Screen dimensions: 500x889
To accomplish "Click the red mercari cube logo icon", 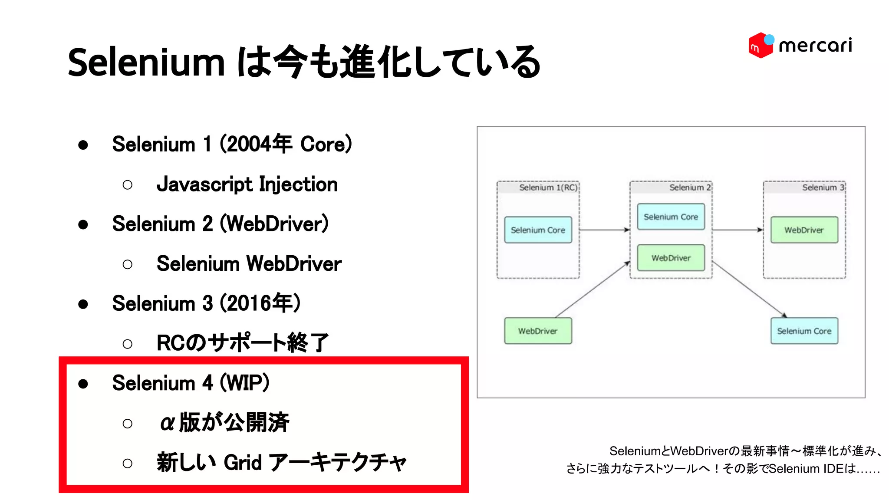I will (761, 45).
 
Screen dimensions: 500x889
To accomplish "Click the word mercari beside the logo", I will (815, 46).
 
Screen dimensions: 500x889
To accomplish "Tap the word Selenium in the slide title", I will (146, 62).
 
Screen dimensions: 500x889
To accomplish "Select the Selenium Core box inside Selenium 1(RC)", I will (538, 230).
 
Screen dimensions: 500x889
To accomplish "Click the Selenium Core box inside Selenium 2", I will (671, 217).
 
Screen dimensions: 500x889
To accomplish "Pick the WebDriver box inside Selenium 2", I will (671, 258).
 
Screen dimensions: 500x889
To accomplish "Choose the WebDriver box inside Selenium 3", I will (804, 230).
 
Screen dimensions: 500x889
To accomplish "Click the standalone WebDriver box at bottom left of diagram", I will (538, 331).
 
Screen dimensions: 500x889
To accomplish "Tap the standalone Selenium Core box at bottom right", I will (804, 331).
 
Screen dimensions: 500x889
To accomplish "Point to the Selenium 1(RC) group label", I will (548, 187).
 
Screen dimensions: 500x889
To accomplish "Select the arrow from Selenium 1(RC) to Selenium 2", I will (604, 230).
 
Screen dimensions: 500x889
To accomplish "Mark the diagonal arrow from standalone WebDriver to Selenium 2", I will (593, 289).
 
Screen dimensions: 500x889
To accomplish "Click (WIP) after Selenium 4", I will (245, 383).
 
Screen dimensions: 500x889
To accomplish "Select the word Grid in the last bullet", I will (243, 463).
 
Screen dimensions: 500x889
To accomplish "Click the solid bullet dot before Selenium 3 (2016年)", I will (83, 304).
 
